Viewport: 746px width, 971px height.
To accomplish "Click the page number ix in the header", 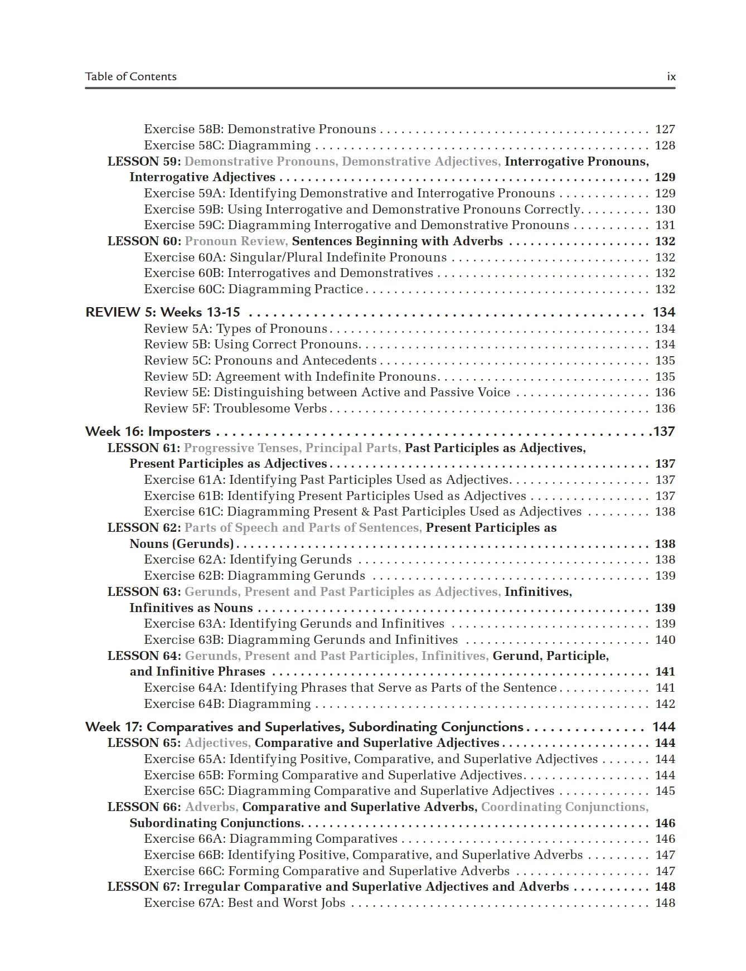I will pos(671,77).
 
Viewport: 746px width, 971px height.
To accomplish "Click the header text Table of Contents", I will pos(130,77).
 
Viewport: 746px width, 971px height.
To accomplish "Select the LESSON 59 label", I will pos(144,162).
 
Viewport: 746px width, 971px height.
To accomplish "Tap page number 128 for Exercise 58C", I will pos(665,145).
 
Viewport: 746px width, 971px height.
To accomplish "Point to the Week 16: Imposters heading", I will pos(148,431).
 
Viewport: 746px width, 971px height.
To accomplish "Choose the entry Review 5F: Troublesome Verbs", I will pos(235,409).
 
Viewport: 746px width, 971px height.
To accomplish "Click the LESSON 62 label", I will pos(144,528).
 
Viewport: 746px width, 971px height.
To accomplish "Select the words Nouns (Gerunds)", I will pos(181,544).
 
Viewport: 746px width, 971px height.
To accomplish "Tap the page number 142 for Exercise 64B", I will pos(665,704).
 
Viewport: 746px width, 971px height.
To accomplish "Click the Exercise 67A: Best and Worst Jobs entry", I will pos(244,903).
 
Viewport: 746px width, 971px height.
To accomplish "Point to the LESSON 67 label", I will pos(144,887).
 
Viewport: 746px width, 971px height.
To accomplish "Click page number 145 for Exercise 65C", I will pos(665,791).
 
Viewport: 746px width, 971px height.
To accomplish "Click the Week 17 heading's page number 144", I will pos(663,727).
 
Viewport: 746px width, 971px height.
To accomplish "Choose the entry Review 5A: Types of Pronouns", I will pos(235,329).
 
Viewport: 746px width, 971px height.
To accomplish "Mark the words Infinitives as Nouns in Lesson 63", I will pos(191,608).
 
